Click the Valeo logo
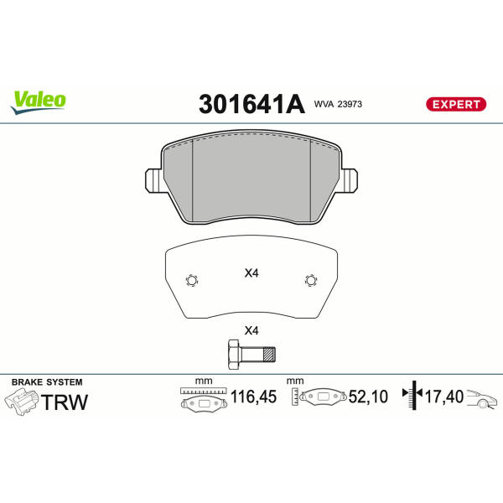click(39, 102)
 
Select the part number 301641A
click(251, 104)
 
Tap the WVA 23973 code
click(338, 104)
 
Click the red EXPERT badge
click(456, 104)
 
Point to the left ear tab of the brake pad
click(154, 180)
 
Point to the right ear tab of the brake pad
click(349, 180)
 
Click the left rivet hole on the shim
click(192, 280)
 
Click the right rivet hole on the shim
click(310, 280)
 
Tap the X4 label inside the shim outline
click(251, 273)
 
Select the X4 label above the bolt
click(251, 330)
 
